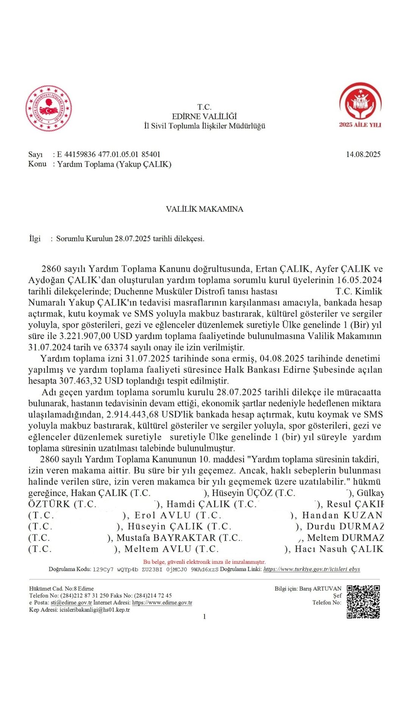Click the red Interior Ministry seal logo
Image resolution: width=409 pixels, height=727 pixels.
48,109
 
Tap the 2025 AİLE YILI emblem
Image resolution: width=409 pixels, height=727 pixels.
360,105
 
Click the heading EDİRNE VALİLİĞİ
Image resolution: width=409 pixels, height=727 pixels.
204,116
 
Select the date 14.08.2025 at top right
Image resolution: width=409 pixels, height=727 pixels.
363,154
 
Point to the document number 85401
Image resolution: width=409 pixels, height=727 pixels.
151,154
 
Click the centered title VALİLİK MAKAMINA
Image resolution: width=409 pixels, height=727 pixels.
204,209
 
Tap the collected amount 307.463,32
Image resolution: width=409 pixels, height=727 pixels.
81,381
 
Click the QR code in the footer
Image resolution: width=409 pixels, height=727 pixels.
363,602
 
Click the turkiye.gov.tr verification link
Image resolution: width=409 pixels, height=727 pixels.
311,569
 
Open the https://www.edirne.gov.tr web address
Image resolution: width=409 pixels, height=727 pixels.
162,602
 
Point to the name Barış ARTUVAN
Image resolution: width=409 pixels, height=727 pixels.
320,589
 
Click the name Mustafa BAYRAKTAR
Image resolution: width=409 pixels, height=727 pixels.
166,538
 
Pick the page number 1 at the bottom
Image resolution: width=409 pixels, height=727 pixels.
204,616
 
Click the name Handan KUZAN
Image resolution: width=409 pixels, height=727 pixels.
342,515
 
